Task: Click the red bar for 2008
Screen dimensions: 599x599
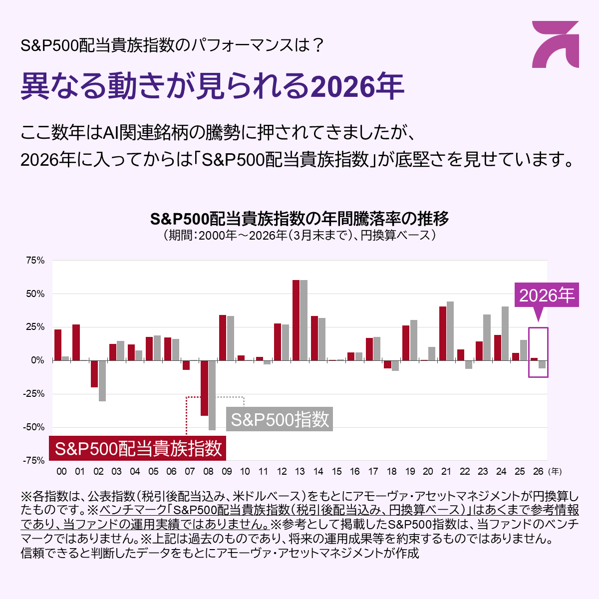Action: (204, 388)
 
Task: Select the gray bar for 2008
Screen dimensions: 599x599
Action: (212, 395)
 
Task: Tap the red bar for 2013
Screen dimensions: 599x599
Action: (296, 320)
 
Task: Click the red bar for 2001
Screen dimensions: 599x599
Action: (76, 342)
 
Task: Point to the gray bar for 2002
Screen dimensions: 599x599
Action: (102, 380)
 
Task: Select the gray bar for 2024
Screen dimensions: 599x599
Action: (505, 333)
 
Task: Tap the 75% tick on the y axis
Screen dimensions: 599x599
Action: (35, 261)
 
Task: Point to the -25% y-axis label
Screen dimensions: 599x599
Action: (34, 394)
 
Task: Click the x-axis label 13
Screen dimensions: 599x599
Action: (299, 471)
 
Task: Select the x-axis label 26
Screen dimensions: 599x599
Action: (538, 471)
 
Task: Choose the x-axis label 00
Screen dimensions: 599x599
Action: (61, 471)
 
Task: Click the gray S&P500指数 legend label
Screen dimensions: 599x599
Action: (280, 419)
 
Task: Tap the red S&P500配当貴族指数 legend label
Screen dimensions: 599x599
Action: (138, 448)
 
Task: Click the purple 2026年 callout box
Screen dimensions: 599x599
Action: (547, 296)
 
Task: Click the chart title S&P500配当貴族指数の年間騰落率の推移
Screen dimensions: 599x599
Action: (299, 219)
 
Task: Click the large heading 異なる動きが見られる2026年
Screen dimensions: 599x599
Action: (212, 86)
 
